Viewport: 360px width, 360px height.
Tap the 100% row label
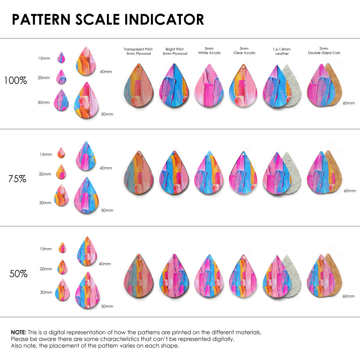(x=15, y=80)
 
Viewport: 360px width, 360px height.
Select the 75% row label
(x=17, y=179)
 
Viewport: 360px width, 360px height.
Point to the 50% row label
(x=18, y=274)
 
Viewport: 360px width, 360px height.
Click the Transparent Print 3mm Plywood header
(x=138, y=51)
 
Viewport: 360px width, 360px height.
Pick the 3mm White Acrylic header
(x=209, y=51)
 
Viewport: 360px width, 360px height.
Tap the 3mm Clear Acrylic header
(x=244, y=51)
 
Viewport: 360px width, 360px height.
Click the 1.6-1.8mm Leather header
(x=282, y=51)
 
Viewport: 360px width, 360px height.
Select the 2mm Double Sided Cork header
(x=324, y=51)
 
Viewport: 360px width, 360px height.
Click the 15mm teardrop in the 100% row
(x=61, y=58)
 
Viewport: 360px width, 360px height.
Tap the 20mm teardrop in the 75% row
(x=61, y=172)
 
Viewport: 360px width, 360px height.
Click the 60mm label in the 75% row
(x=350, y=190)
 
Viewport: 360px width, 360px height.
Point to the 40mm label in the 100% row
(x=106, y=72)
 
